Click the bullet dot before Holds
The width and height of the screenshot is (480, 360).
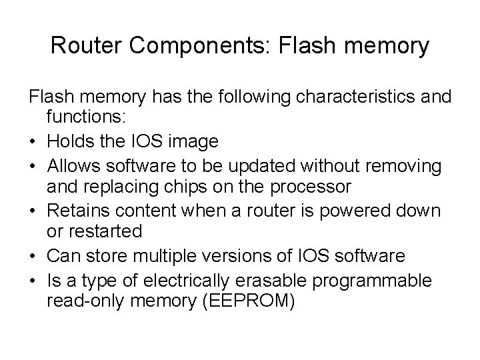(33, 142)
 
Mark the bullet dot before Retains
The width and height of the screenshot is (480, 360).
(33, 211)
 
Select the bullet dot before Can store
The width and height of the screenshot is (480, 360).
(33, 255)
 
